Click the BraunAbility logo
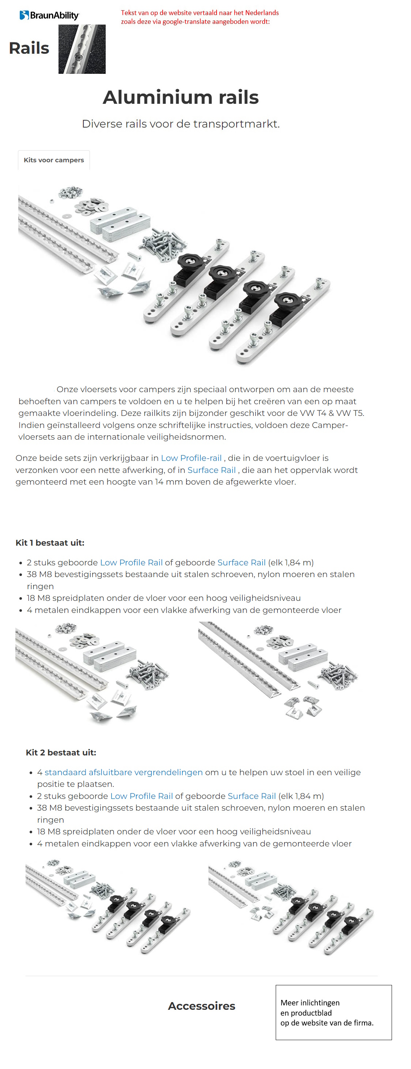[x=49, y=15]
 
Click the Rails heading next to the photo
[x=29, y=48]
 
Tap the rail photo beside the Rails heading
[x=82, y=49]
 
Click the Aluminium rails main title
[x=181, y=97]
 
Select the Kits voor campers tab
[x=53, y=160]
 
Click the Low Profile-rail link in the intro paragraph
[x=191, y=458]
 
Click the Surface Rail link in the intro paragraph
[x=211, y=470]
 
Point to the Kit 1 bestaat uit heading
[x=50, y=543]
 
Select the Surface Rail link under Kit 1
[x=241, y=563]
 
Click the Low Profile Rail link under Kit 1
[x=131, y=563]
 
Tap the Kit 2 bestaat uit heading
[x=61, y=753]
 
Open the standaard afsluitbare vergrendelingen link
[x=123, y=773]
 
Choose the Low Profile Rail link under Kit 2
[x=141, y=796]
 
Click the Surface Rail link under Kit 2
[x=252, y=796]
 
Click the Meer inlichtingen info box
[x=333, y=1013]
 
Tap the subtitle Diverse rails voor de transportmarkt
[x=181, y=124]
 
